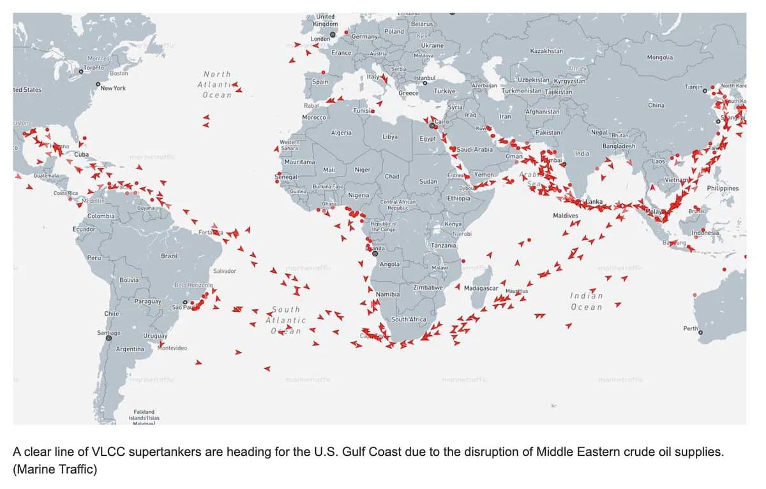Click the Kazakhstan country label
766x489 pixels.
tap(546, 50)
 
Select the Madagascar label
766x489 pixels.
tap(481, 288)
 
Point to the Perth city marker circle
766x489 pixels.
tap(700, 332)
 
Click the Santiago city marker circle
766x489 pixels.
tap(109, 338)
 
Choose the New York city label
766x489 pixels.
tap(113, 88)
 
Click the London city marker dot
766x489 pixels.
tap(333, 34)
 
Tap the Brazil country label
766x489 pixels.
tap(169, 256)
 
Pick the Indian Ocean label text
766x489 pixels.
tap(585, 302)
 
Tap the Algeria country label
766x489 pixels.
tap(341, 132)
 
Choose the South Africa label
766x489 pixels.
tap(409, 319)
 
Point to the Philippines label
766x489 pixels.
tap(723, 189)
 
